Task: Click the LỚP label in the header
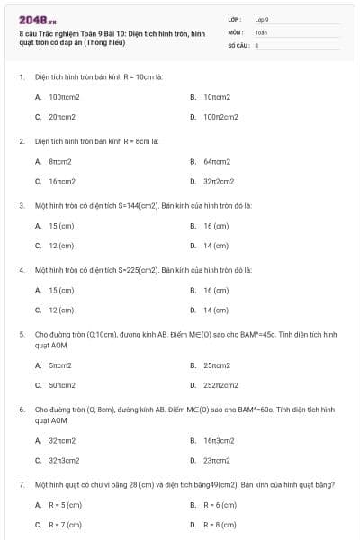click(x=236, y=19)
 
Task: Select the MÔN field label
click(x=236, y=31)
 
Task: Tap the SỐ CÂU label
click(x=238, y=44)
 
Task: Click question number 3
click(x=21, y=205)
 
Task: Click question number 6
click(x=21, y=409)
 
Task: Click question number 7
click(x=21, y=485)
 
